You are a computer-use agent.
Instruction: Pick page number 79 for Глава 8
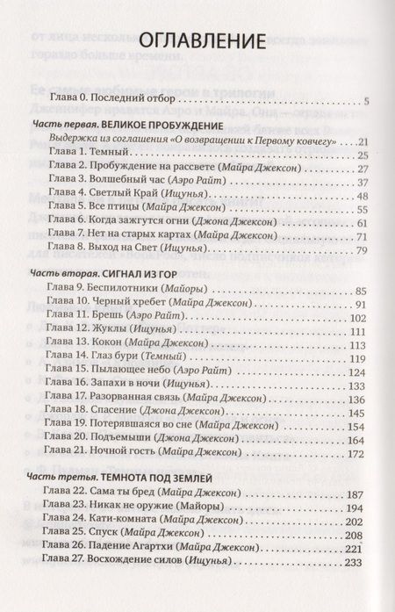(x=359, y=250)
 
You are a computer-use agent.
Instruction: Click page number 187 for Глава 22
(x=356, y=493)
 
